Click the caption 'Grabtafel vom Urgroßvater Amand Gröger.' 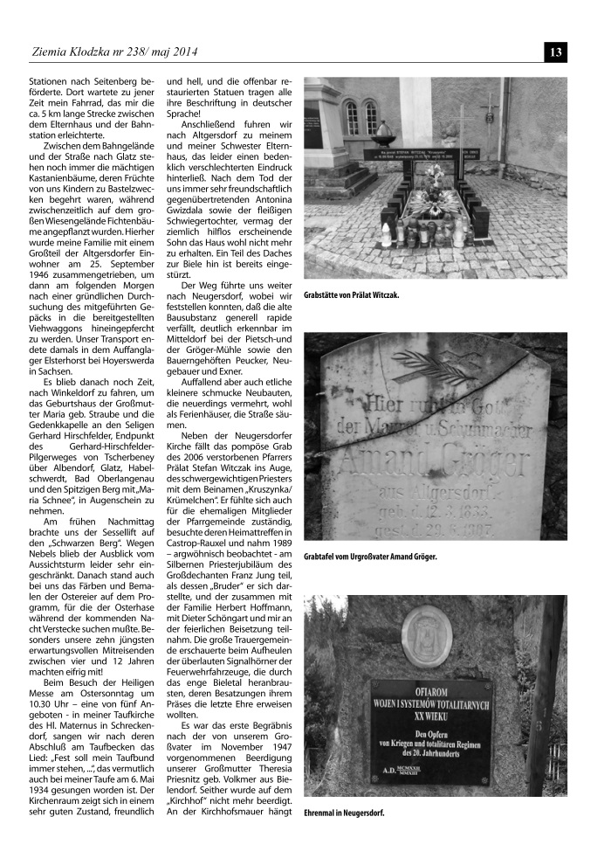[369, 557]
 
